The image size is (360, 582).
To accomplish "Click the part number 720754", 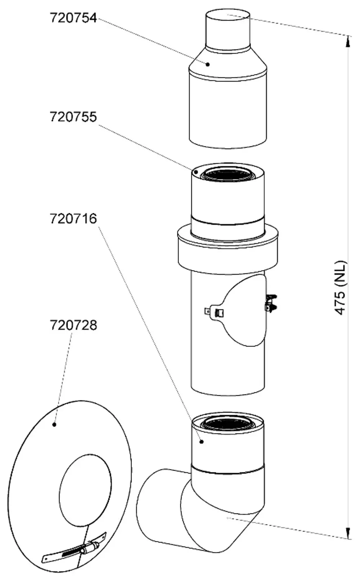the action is pyautogui.click(x=73, y=18).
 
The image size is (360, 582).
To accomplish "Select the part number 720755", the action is pyautogui.click(x=73, y=117).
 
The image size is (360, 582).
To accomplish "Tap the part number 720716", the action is pyautogui.click(x=73, y=218).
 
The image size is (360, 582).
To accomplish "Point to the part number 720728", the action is pyautogui.click(x=73, y=325).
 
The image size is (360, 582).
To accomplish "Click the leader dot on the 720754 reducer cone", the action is pyautogui.click(x=208, y=64).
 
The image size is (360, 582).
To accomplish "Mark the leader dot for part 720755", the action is pyautogui.click(x=196, y=172).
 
